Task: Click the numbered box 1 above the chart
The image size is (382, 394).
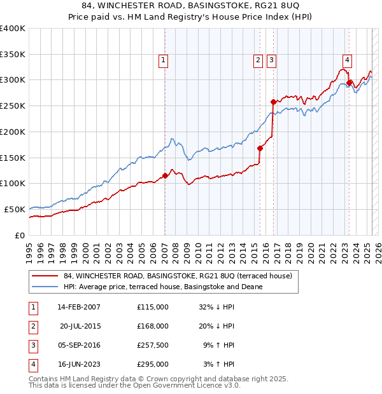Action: click(164, 60)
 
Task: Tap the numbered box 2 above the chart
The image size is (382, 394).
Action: click(258, 60)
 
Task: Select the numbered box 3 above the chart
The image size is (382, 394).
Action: click(271, 60)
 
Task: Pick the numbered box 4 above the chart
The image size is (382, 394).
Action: click(347, 60)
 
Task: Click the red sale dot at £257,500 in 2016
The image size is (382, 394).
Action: click(273, 102)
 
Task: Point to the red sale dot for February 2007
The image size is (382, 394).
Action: click(165, 175)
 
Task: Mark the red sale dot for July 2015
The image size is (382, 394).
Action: click(260, 148)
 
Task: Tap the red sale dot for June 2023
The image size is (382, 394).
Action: click(350, 82)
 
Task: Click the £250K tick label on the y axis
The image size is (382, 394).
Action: click(12, 105)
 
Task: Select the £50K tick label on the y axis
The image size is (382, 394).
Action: click(15, 209)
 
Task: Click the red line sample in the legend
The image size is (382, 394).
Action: click(43, 276)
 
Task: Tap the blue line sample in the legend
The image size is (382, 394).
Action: click(43, 287)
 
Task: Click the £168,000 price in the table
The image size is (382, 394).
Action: click(153, 326)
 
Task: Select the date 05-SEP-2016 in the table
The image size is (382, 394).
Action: click(79, 345)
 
